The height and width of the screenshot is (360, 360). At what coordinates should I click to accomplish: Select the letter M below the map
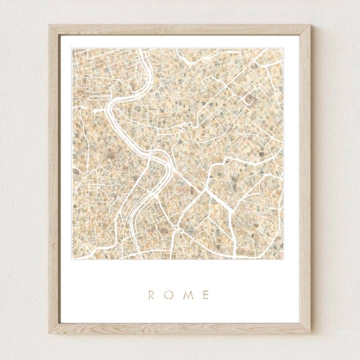188,295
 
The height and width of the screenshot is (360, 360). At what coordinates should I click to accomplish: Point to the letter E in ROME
206,295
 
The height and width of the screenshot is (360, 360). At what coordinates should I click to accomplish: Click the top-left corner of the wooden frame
49,25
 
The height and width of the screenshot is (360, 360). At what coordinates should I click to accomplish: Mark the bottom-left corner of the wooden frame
49,332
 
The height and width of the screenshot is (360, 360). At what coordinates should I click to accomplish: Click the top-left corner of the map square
72,48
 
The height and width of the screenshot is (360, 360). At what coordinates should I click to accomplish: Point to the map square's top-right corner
283,48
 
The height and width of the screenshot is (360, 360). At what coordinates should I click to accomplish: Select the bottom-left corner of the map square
72,259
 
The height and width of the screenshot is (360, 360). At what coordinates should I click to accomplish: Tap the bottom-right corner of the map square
283,259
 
